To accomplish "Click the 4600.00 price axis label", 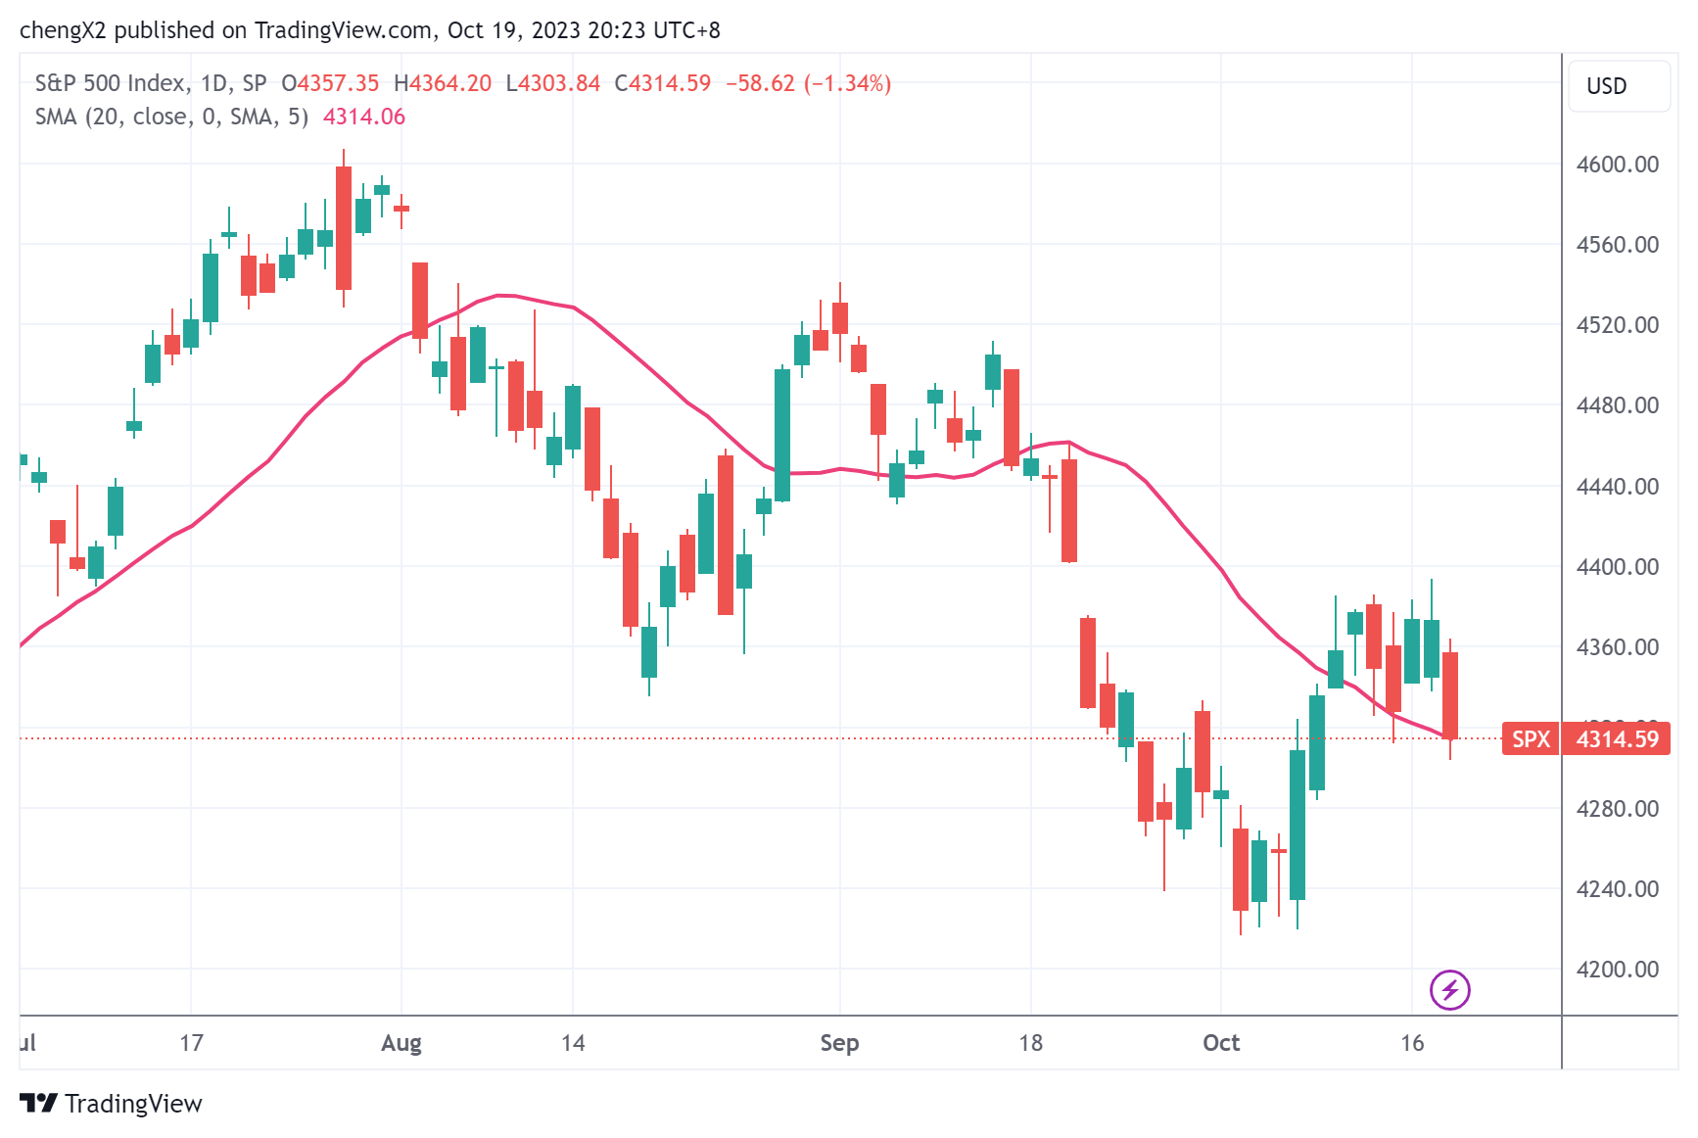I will tap(1617, 165).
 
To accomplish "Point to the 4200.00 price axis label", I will tap(1617, 970).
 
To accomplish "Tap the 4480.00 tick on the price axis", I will tap(1617, 405).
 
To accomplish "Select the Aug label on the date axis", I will tap(401, 1043).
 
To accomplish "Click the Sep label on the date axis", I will tap(839, 1043).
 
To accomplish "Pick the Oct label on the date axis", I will tap(1221, 1043).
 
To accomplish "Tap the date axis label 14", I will tap(573, 1043).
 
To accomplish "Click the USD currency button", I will tap(1607, 86).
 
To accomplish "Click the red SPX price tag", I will tap(1531, 738).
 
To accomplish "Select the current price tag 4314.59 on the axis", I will tap(1618, 738).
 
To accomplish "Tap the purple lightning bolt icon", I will tap(1450, 989).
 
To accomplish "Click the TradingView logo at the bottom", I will tap(112, 1104).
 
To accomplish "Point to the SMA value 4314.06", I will tap(364, 118).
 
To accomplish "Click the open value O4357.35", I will tap(330, 83).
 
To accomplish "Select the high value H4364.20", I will tap(443, 83).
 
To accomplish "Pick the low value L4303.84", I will tap(553, 83).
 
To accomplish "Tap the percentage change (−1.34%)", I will tap(848, 83).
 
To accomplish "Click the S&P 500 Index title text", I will tap(110, 83).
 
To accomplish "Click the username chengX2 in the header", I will tap(63, 30).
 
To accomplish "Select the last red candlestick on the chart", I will tap(1450, 695).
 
